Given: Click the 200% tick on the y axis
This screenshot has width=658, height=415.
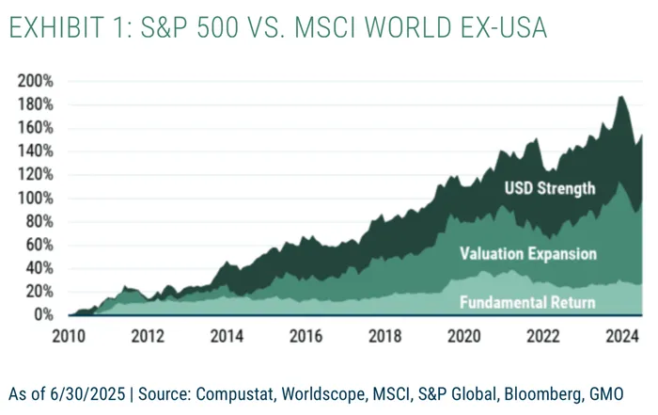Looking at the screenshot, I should (36, 81).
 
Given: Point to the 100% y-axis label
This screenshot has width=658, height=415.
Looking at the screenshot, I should (36, 198).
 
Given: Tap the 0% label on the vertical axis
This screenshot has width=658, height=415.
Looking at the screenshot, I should (44, 315).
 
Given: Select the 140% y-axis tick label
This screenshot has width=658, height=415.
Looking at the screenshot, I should (36, 151).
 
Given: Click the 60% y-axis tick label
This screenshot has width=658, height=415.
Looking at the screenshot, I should (39, 245).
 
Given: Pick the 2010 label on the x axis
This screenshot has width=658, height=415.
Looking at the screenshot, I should (70, 336).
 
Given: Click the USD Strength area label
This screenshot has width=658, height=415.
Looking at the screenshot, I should (549, 188).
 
